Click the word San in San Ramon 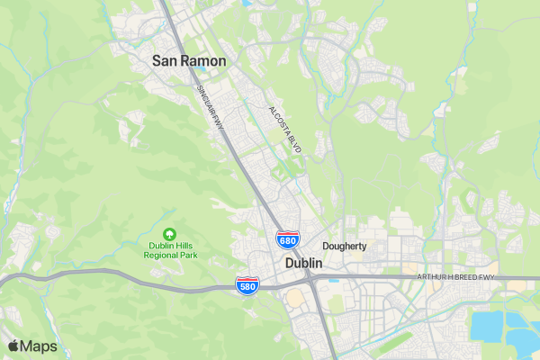click(166, 60)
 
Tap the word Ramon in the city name click(203, 60)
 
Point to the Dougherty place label click(345, 246)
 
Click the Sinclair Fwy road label click(210, 109)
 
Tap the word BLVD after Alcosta click(295, 144)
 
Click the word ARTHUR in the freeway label click(431, 276)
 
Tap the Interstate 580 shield click(247, 286)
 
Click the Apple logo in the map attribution click(13, 346)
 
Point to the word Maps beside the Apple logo click(40, 346)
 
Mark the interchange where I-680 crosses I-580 click(309, 278)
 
